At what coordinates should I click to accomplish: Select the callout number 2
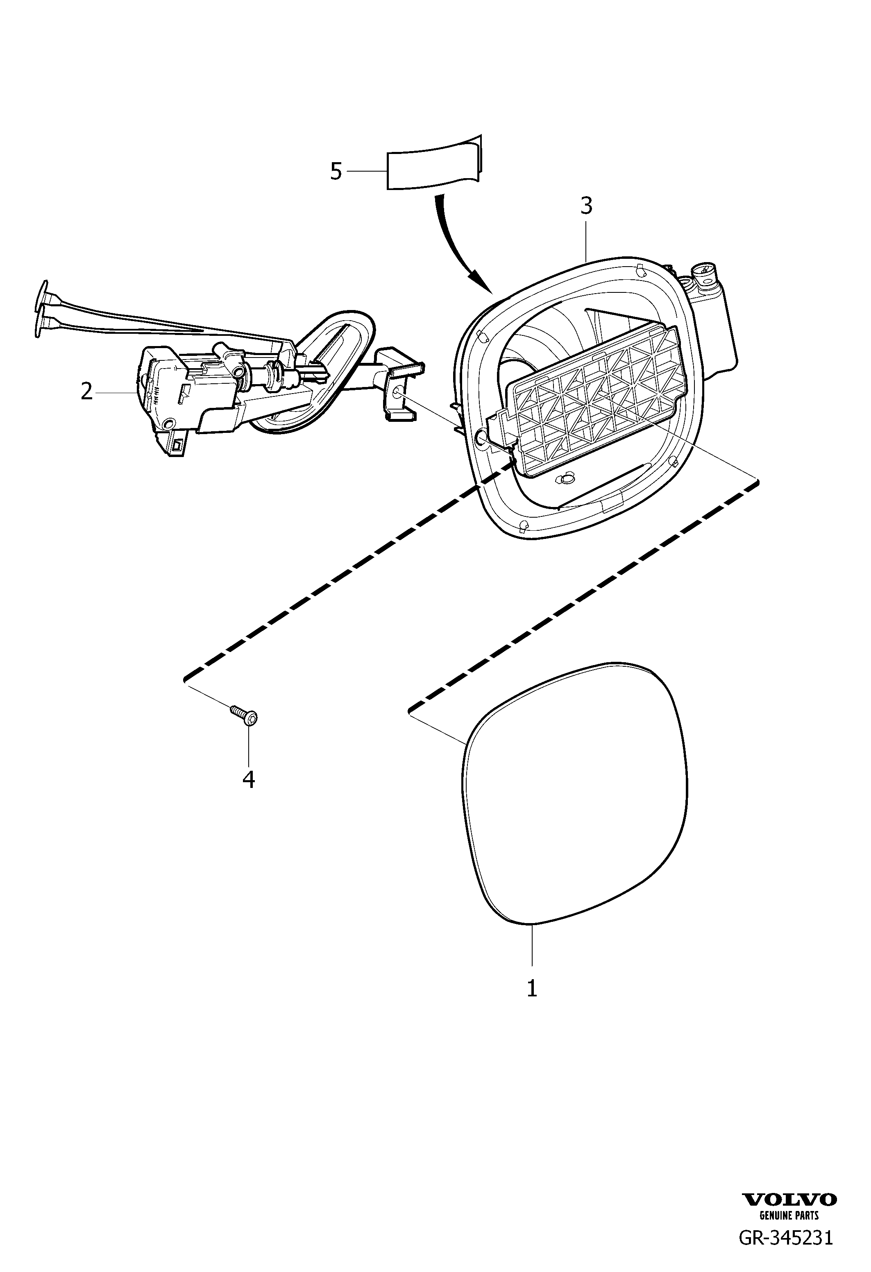click(x=86, y=392)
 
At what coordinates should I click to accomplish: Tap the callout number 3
click(x=586, y=206)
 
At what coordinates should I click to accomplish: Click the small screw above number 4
click(x=244, y=715)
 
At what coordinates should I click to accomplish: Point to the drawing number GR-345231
click(x=786, y=1237)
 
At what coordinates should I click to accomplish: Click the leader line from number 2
click(x=116, y=392)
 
